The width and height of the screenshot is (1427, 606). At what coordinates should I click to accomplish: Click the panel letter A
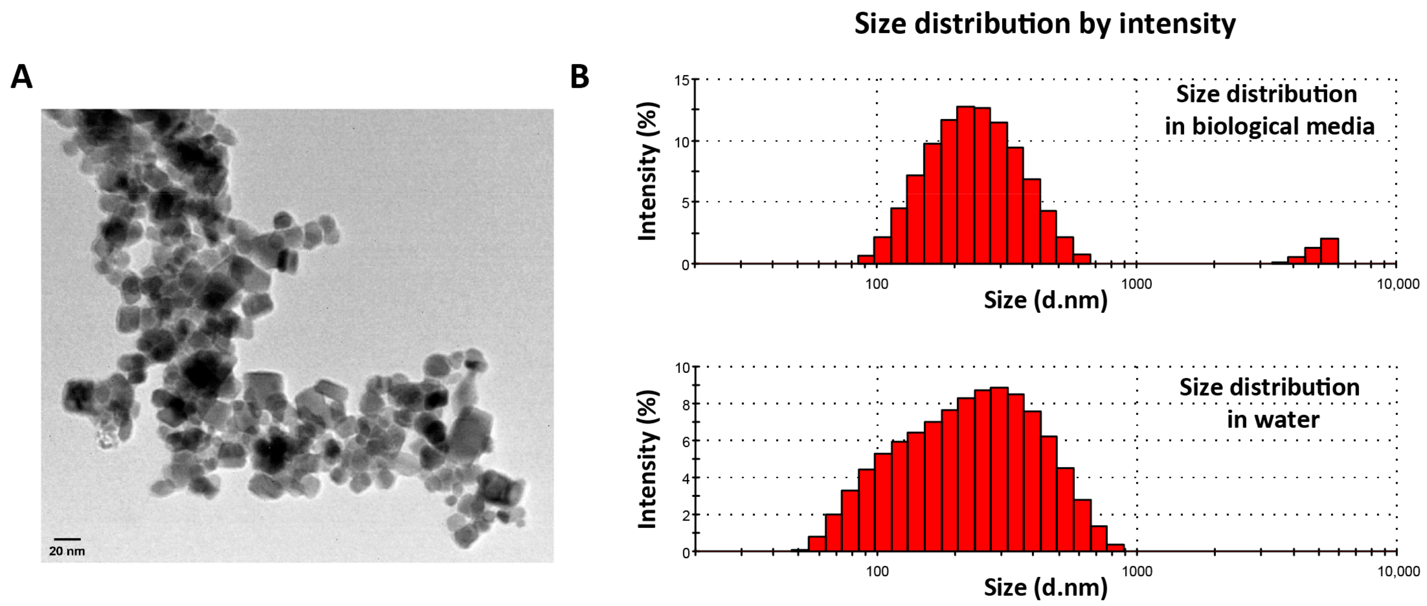[x=22, y=77]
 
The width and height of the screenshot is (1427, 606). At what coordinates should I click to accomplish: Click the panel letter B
[x=579, y=77]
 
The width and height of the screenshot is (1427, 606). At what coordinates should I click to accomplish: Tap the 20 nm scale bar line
[x=67, y=538]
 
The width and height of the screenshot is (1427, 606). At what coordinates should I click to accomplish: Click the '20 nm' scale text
[x=67, y=551]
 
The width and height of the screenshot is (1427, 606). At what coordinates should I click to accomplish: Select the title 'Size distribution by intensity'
[x=1045, y=24]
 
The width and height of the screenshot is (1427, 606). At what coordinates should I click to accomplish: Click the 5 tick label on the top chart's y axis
[x=685, y=203]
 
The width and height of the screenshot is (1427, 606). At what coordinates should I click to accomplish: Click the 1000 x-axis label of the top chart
[x=1136, y=284]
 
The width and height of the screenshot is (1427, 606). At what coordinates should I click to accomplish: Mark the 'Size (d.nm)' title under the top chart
[x=1045, y=300]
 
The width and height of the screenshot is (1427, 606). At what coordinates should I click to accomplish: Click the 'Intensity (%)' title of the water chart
[x=648, y=459]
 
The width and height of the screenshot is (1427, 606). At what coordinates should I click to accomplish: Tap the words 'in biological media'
[x=1269, y=126]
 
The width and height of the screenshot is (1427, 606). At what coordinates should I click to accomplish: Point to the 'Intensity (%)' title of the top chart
[x=648, y=172]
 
